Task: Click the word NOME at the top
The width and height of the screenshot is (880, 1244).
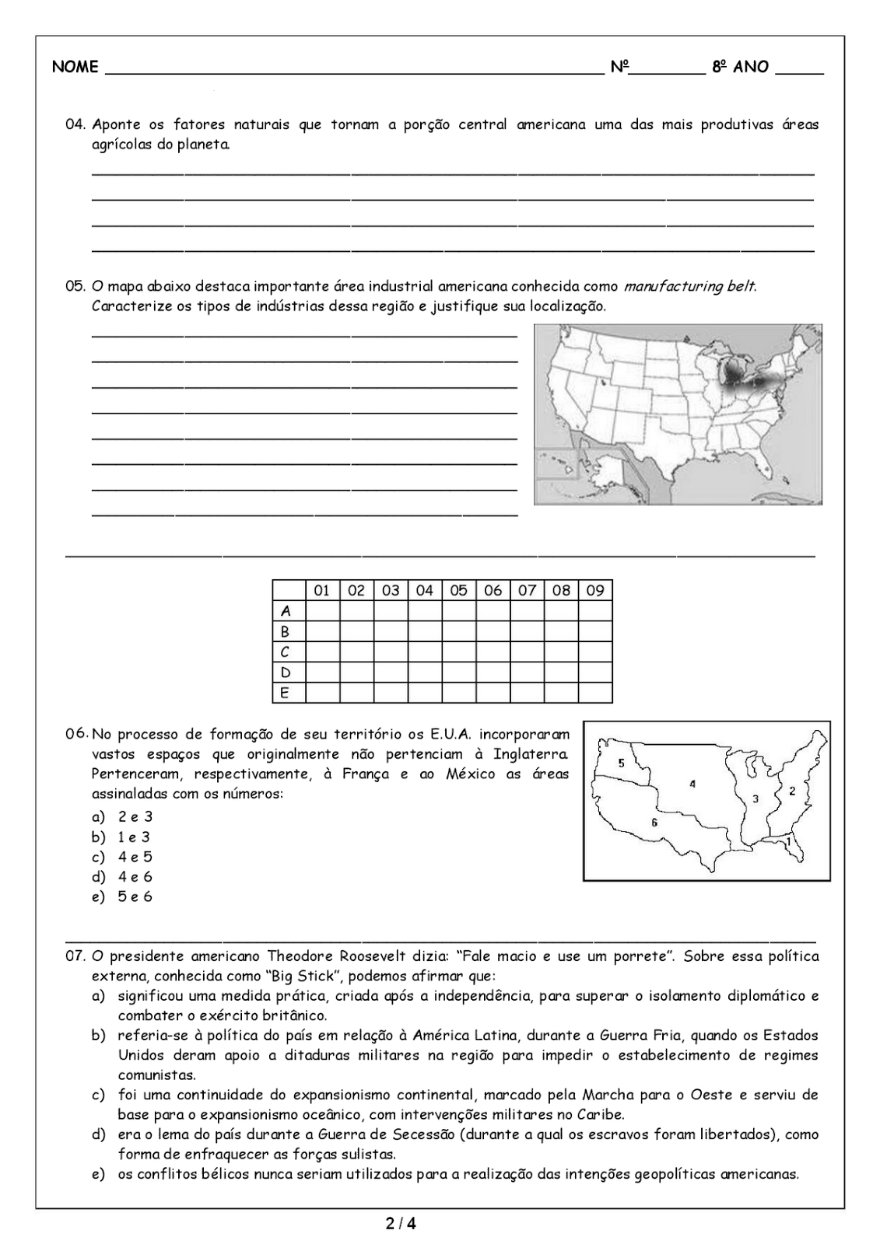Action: click(x=75, y=67)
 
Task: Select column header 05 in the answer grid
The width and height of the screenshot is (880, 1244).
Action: click(x=458, y=590)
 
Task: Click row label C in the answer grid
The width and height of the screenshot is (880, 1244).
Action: click(x=286, y=652)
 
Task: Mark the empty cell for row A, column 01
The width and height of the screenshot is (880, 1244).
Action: click(x=322, y=611)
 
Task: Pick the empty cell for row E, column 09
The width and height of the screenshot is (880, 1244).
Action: click(x=595, y=692)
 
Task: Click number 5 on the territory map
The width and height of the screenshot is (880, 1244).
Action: click(x=621, y=763)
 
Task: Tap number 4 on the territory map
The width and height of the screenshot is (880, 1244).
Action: click(x=692, y=784)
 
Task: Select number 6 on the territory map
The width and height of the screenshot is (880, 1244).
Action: click(x=654, y=822)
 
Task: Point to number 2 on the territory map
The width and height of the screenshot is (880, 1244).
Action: click(x=792, y=791)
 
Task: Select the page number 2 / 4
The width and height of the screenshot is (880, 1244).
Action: click(x=401, y=1225)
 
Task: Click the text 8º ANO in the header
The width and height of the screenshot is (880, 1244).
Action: click(x=740, y=67)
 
